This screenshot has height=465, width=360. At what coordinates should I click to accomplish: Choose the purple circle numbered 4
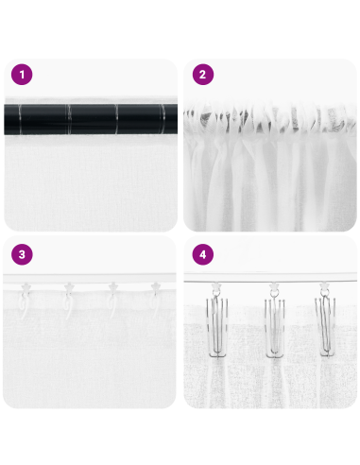click(200, 254)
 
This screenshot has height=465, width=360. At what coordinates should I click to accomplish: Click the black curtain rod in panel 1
click(91, 120)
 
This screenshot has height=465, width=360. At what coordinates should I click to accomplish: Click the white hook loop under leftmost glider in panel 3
click(26, 302)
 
